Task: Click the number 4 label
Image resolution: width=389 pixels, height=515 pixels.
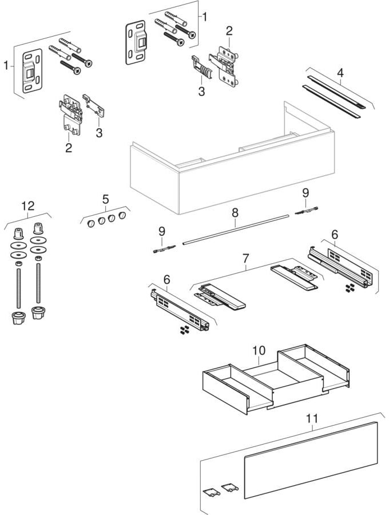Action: [340, 73]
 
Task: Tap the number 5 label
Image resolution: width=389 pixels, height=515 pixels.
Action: [105, 199]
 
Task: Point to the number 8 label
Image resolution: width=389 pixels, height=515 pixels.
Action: [235, 212]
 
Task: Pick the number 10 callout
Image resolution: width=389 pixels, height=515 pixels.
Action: [258, 348]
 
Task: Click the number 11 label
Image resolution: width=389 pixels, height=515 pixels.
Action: [312, 418]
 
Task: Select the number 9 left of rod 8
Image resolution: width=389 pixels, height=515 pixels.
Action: [161, 231]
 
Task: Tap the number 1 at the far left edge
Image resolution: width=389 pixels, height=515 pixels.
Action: [6, 66]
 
